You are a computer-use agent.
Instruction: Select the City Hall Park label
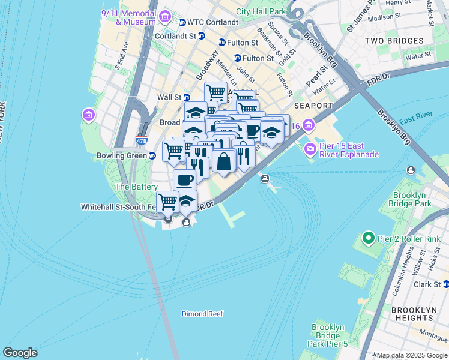(x=261, y=11)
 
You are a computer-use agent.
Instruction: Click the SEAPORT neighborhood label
(x=314, y=106)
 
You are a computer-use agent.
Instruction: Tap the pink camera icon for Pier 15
(x=310, y=149)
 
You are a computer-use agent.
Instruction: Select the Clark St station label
(x=427, y=285)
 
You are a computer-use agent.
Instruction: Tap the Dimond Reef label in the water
(x=202, y=314)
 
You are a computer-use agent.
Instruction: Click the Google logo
(x=20, y=353)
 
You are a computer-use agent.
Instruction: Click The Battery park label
(x=136, y=187)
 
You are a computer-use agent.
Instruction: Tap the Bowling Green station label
(x=122, y=156)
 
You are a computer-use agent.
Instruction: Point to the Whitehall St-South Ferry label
(x=118, y=206)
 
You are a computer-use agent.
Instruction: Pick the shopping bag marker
(x=223, y=161)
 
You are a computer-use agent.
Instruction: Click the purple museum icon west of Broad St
(x=89, y=114)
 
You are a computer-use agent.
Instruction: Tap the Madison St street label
(x=384, y=17)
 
